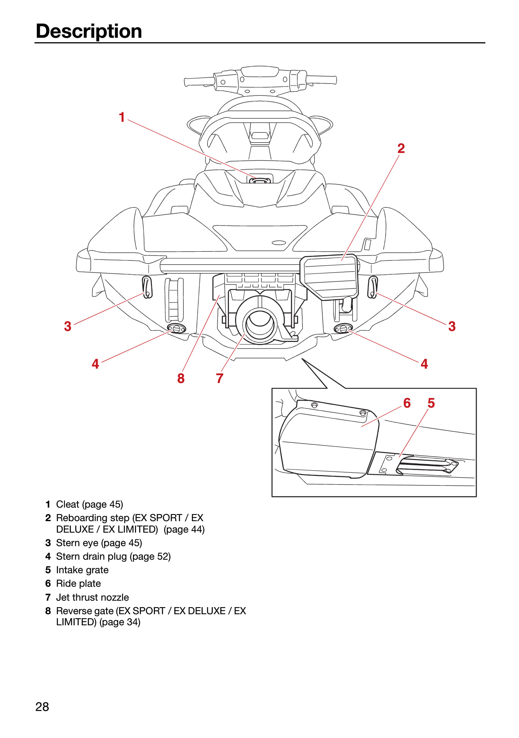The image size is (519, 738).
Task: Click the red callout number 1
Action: tap(122, 117)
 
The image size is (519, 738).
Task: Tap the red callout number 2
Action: tap(401, 148)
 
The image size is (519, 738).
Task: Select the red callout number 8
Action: tap(181, 378)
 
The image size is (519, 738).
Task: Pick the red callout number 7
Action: tap(220, 378)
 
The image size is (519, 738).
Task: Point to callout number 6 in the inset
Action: tap(407, 403)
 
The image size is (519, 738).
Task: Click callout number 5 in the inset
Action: tap(431, 403)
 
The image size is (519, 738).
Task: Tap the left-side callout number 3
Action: tap(68, 326)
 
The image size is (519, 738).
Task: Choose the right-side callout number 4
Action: tap(424, 364)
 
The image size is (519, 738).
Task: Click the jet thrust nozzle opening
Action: tap(260, 323)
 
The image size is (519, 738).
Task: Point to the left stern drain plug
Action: tap(177, 328)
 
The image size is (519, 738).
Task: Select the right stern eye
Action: tap(373, 287)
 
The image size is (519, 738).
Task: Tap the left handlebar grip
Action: tap(199, 81)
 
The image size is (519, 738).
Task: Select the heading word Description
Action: tap(89, 32)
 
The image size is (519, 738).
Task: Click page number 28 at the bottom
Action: tap(42, 707)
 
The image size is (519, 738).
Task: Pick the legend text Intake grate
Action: tap(82, 570)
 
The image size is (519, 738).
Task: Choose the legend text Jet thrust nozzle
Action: tap(93, 597)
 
